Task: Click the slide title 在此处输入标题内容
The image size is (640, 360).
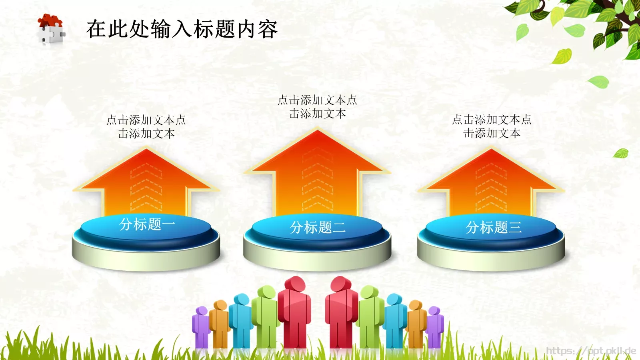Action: pos(182,29)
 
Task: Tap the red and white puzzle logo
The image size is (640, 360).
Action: pos(51,29)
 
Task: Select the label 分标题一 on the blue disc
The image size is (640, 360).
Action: pos(147,224)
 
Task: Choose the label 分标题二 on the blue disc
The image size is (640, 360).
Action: pos(318,228)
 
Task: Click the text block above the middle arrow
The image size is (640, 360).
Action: pos(318,107)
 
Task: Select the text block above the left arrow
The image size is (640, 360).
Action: pos(146,126)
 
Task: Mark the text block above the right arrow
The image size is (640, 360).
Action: pos(492,126)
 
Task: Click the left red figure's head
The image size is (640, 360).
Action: pos(295,285)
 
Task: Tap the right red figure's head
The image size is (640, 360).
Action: pos(341,285)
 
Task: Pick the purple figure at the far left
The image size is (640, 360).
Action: pos(201,326)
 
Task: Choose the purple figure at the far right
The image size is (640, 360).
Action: pos(435,326)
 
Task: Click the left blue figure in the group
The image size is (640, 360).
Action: pos(241,320)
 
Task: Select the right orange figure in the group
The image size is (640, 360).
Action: pos(416,322)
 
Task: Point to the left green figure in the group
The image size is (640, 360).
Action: pos(264,316)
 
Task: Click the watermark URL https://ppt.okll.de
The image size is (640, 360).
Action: pos(591,351)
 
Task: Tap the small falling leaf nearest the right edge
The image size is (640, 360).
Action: pos(621,153)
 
